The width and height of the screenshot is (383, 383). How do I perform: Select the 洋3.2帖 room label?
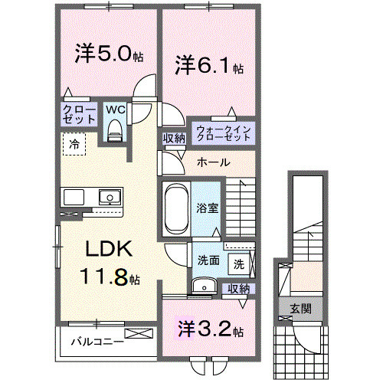tap(207, 332)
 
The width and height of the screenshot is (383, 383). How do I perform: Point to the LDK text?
tap(108, 250)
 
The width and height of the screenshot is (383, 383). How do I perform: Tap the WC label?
tap(115, 109)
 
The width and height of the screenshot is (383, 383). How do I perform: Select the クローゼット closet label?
tap(79, 115)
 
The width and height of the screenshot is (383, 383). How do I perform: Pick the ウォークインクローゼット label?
tap(223, 133)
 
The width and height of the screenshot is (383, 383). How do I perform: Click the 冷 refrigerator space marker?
tap(74, 142)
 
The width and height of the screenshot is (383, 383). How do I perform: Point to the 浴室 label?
tap(207, 207)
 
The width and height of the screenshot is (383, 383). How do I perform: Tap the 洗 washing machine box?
tap(239, 264)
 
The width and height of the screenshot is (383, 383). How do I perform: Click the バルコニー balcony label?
tap(97, 341)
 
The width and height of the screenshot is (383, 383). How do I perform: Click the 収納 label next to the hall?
tap(174, 138)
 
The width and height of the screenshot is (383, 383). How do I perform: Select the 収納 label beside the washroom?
tap(238, 288)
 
